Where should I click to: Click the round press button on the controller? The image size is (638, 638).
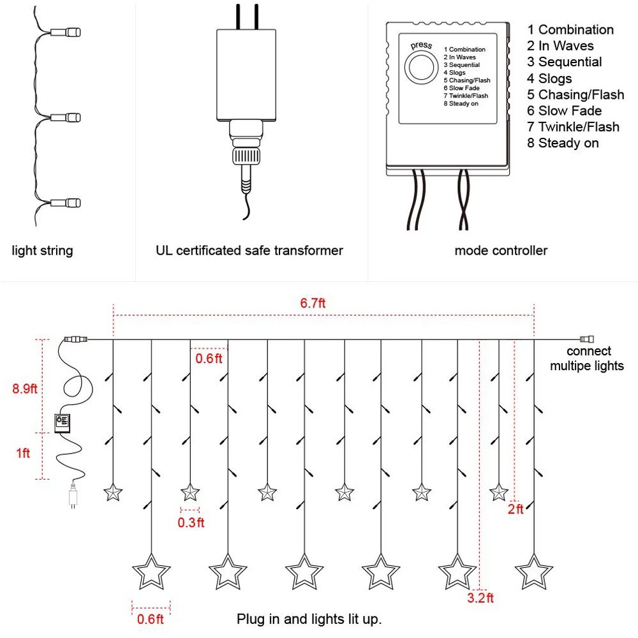[421, 68]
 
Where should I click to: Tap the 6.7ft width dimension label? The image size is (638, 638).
[313, 303]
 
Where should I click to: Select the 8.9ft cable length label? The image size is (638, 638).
[24, 389]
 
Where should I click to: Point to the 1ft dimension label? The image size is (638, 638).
[23, 453]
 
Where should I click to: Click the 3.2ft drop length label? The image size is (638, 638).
[480, 598]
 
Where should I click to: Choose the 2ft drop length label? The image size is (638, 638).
[516, 509]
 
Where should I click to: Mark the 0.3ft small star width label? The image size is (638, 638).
[191, 523]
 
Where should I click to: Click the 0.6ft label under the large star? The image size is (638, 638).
[150, 619]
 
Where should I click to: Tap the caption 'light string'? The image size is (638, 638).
[42, 251]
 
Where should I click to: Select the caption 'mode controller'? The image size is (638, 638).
[501, 251]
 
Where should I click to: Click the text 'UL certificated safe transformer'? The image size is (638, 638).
[249, 251]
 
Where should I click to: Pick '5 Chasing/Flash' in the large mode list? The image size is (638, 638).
[575, 94]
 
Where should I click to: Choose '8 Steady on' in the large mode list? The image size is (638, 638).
[563, 143]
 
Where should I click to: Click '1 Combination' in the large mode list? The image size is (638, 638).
[570, 30]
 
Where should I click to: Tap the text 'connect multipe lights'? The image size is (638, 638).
[587, 359]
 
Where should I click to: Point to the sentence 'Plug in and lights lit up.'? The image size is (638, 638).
[309, 619]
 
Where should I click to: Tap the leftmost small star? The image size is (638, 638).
[113, 493]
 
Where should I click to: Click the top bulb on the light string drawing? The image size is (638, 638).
[66, 32]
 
